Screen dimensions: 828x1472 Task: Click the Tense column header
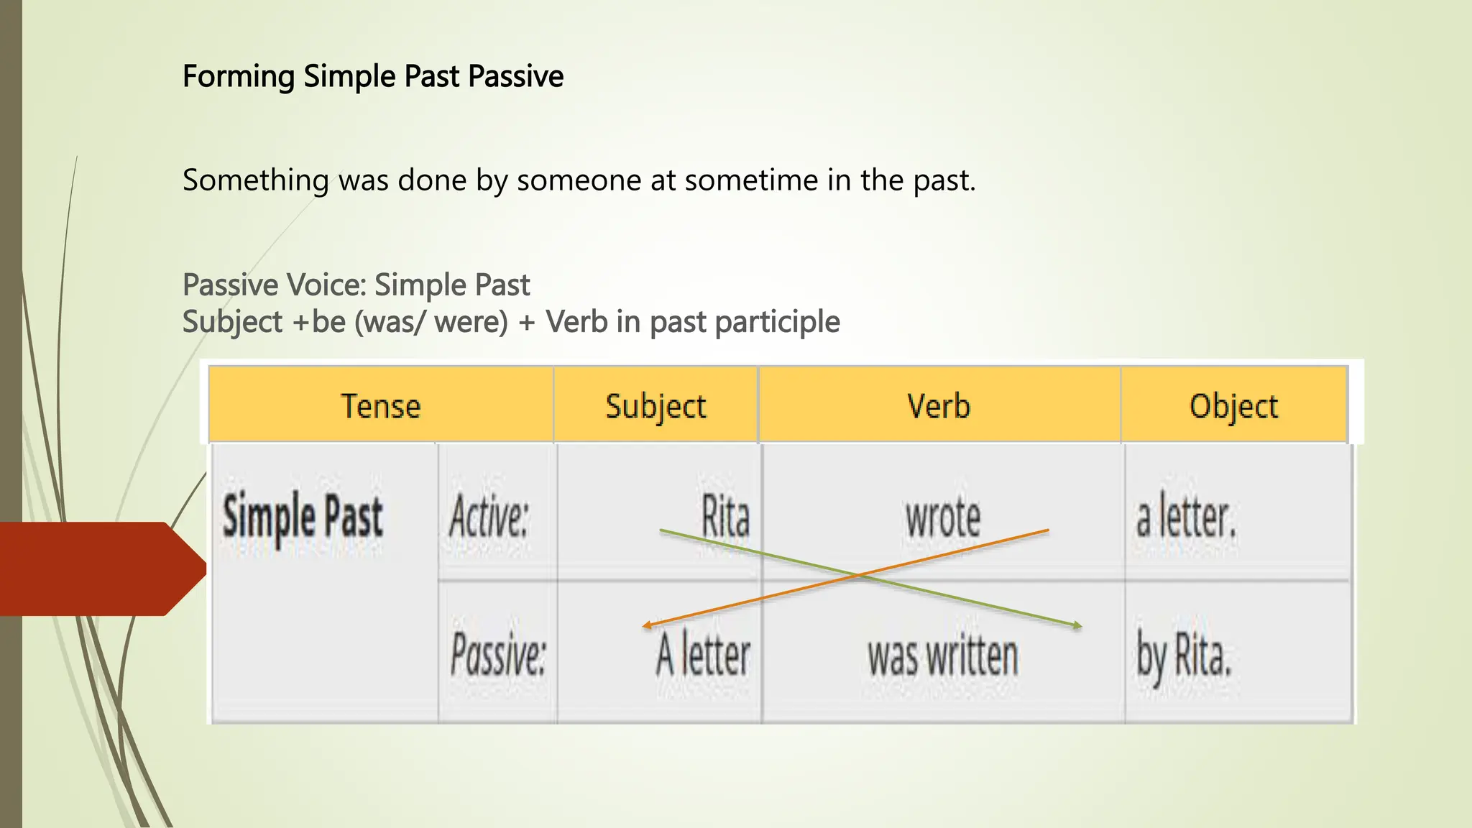point(380,406)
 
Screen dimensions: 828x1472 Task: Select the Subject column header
point(655,406)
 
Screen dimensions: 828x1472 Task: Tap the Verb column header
point(939,406)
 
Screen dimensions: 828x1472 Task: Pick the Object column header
point(1233,406)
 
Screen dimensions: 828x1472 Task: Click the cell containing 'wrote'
point(942,517)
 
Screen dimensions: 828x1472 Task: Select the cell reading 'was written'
point(942,656)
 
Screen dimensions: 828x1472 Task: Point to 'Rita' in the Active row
point(725,517)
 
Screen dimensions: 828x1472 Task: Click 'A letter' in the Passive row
point(702,656)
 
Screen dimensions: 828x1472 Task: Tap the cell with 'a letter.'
point(1186,517)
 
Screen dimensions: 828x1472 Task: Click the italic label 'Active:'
point(489,517)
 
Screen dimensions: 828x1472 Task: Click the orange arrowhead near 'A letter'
point(646,626)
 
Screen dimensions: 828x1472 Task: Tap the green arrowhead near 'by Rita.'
point(1077,626)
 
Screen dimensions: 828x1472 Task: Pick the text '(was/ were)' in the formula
point(431,322)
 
